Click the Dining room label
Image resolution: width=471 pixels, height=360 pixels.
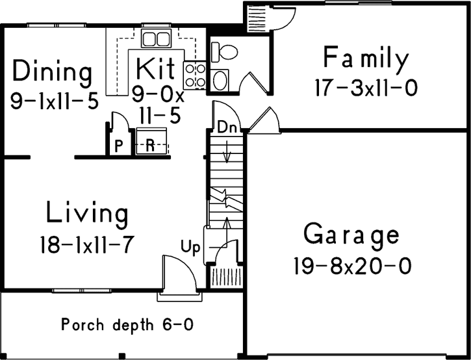click(53, 71)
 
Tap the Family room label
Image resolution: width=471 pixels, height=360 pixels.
click(366, 60)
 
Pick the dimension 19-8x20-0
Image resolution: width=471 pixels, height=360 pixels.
click(351, 266)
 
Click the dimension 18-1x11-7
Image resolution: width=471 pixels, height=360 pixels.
click(86, 245)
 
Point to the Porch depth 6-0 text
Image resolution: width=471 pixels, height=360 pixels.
click(127, 323)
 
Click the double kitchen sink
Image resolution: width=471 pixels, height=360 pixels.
click(155, 38)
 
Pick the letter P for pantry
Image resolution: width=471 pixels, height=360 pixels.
click(119, 146)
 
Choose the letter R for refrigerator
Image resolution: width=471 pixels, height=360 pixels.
click(149, 146)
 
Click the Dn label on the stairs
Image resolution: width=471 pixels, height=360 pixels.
click(226, 127)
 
